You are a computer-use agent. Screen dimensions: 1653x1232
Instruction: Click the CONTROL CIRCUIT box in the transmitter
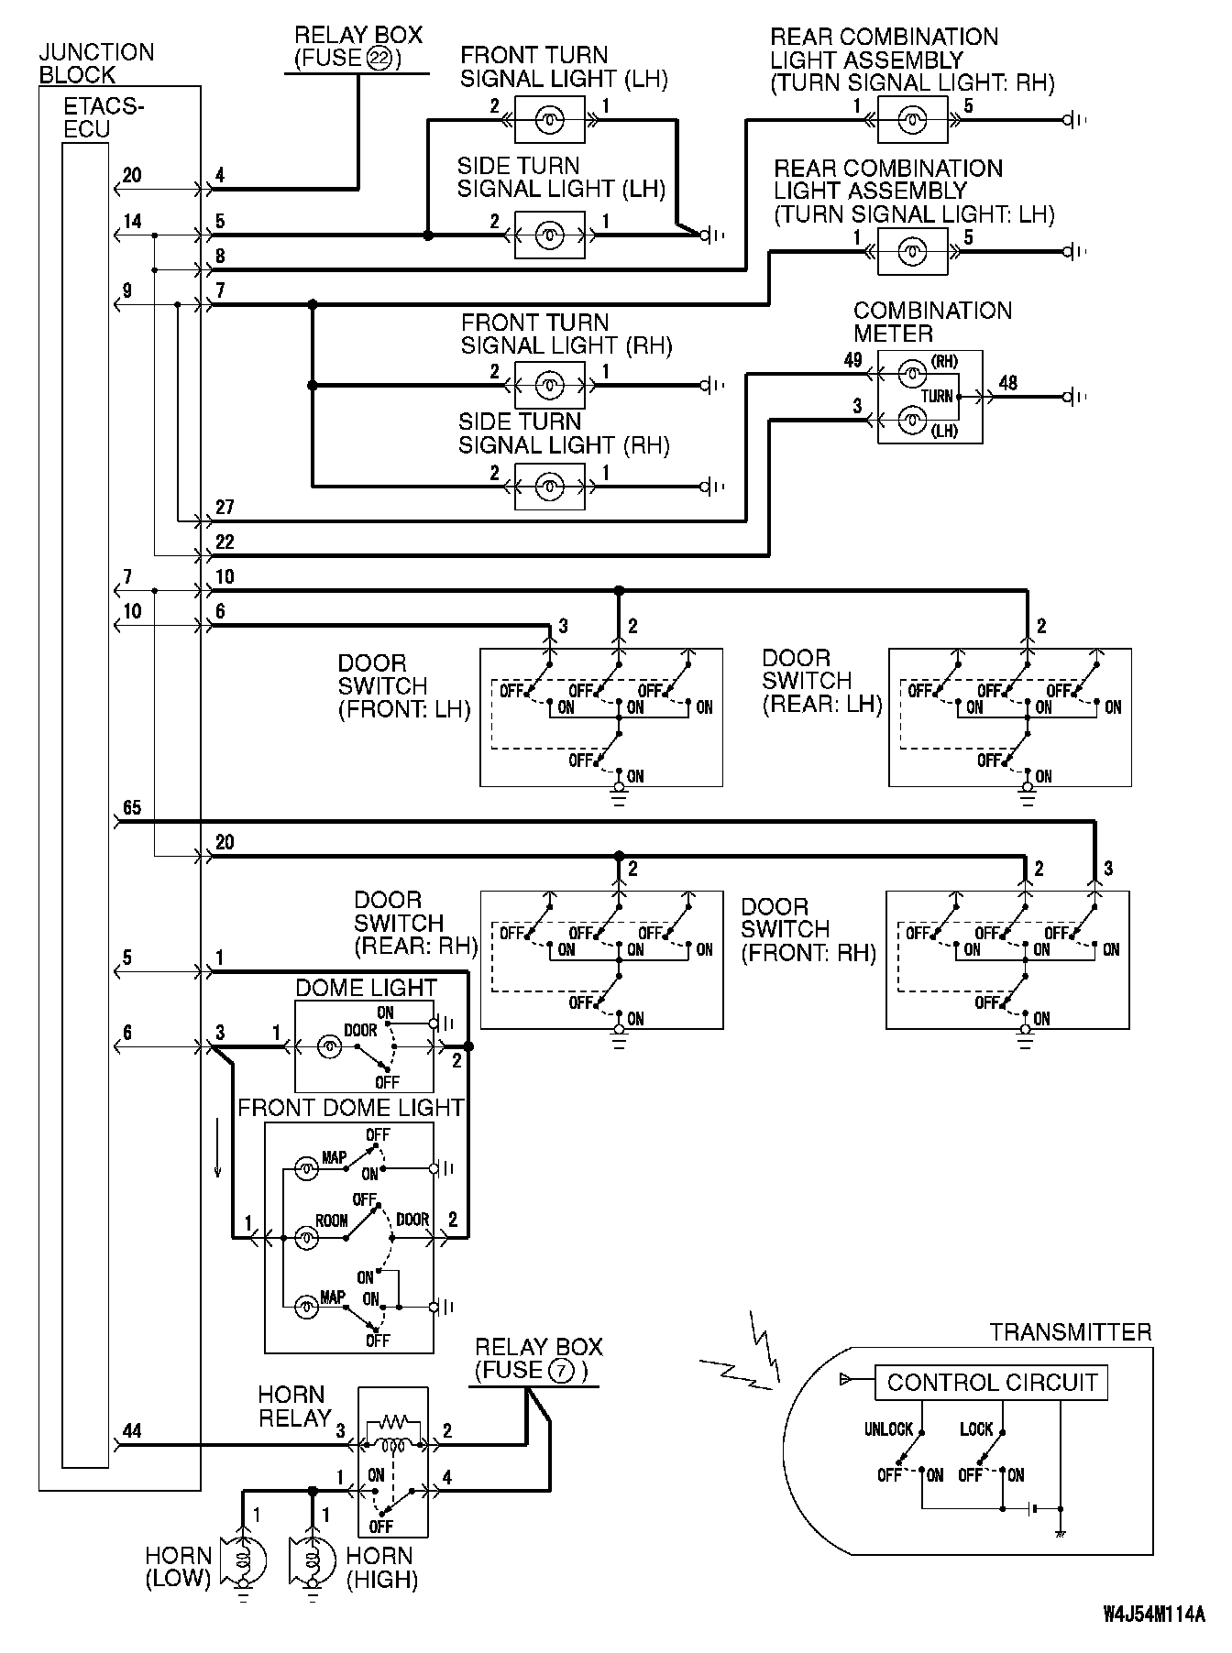pyautogui.click(x=991, y=1382)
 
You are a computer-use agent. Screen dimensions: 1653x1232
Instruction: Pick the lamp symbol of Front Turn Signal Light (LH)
pyautogui.click(x=549, y=119)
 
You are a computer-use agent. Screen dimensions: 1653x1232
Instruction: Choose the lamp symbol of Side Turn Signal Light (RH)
pyautogui.click(x=549, y=486)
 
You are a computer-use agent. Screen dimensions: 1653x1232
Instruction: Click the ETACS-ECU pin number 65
pyautogui.click(x=132, y=807)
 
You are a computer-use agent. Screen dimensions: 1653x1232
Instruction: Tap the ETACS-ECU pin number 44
pyautogui.click(x=132, y=1430)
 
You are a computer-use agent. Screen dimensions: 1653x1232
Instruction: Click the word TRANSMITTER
pyautogui.click(x=1070, y=1332)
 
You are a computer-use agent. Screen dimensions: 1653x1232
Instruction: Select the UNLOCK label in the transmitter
pyautogui.click(x=888, y=1429)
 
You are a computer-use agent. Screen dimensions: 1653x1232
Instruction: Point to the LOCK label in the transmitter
pyautogui.click(x=976, y=1429)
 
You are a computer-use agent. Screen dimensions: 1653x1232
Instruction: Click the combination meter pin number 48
pyautogui.click(x=1007, y=383)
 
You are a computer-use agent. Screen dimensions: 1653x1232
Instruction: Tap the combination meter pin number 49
pyautogui.click(x=852, y=360)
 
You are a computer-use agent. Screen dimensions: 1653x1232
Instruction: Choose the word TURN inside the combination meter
pyautogui.click(x=937, y=397)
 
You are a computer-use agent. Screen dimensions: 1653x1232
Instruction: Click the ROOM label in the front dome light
pyautogui.click(x=331, y=1221)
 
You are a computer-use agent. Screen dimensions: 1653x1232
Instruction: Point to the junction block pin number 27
pyautogui.click(x=225, y=507)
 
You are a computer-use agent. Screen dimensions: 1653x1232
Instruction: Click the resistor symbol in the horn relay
pyautogui.click(x=393, y=1423)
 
